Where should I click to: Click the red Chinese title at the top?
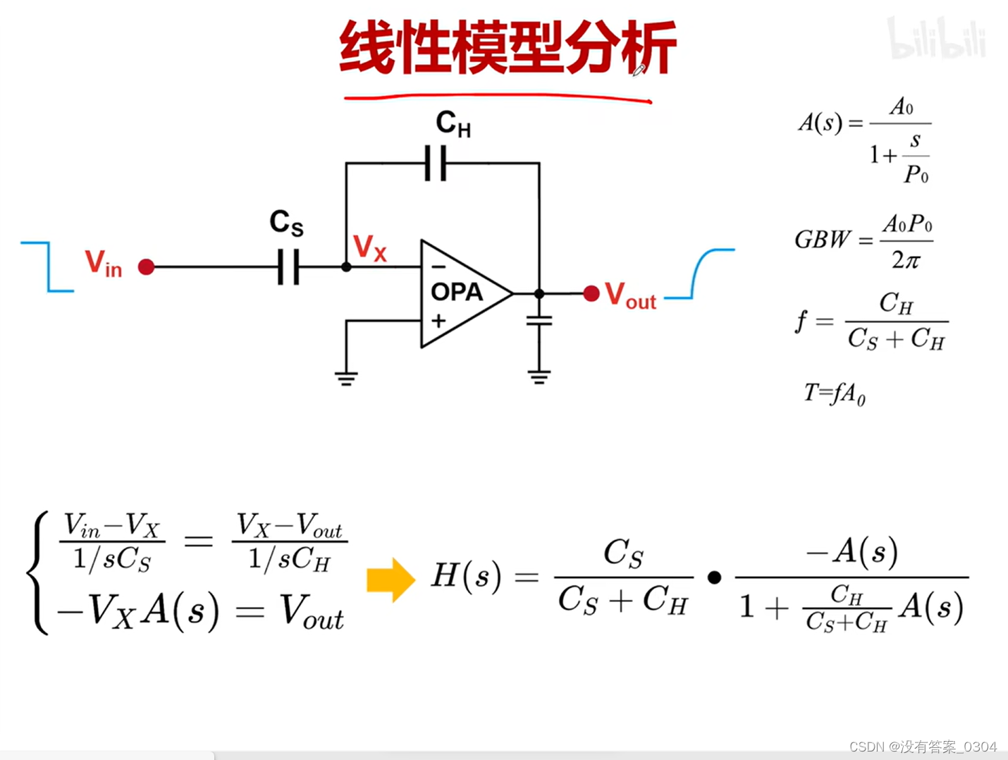(x=508, y=48)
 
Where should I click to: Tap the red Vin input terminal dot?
(x=147, y=267)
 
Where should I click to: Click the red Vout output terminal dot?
(x=591, y=293)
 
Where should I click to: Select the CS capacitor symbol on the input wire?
(x=288, y=267)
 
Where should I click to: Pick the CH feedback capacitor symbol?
(x=436, y=163)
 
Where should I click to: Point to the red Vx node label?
(x=370, y=248)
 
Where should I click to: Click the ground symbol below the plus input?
(x=346, y=379)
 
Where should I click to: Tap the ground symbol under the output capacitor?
(x=539, y=377)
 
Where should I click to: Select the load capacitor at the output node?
(x=539, y=321)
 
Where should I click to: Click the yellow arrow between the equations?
(x=391, y=580)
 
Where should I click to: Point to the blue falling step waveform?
(x=48, y=266)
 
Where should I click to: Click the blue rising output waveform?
(x=699, y=274)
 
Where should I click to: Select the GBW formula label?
(x=822, y=240)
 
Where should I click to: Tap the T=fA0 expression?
(x=835, y=393)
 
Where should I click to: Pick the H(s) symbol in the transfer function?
(x=466, y=576)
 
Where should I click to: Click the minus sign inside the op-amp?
(x=438, y=267)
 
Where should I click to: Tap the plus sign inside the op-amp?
(x=438, y=321)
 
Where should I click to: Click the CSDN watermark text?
(x=923, y=747)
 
